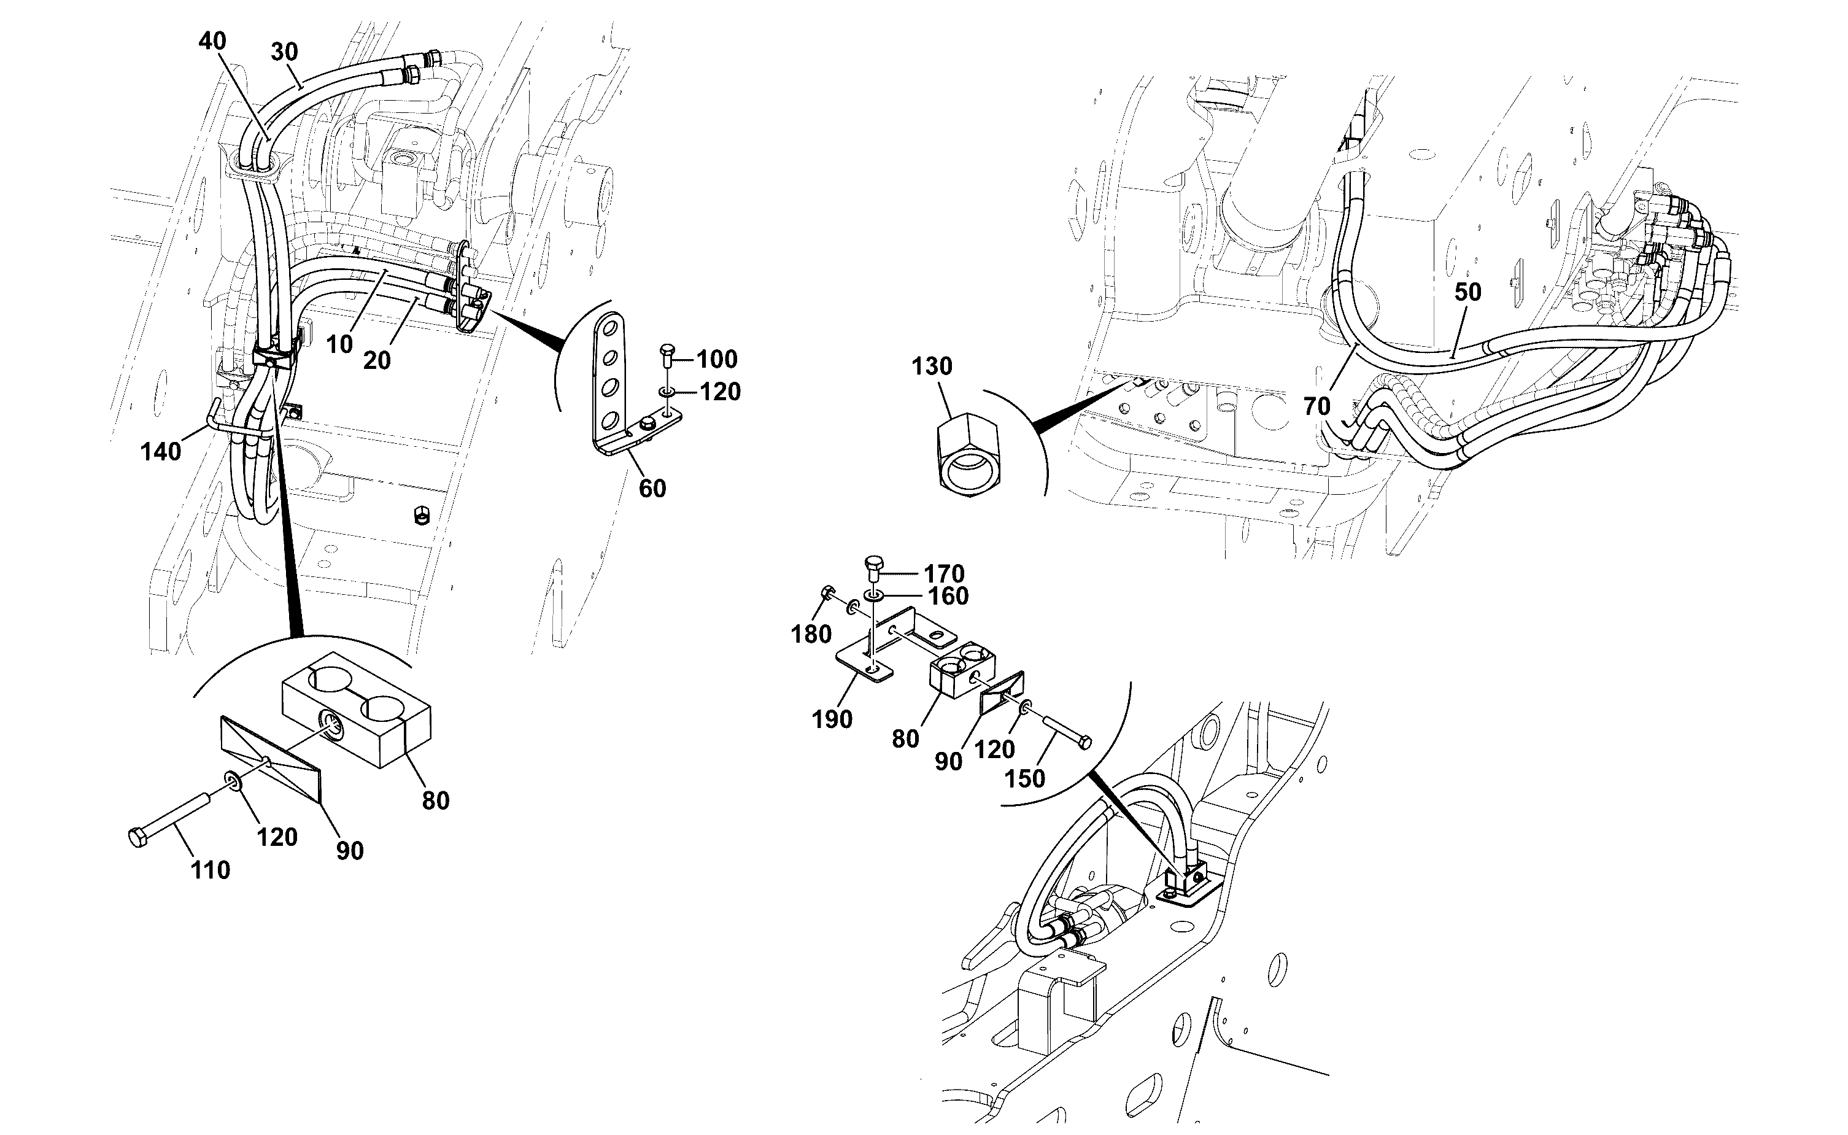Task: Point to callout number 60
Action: click(652, 489)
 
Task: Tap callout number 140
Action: click(161, 452)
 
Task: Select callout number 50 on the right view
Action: click(1467, 292)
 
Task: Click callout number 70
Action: click(1316, 406)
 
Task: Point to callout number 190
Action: click(832, 719)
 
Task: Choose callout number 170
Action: click(944, 575)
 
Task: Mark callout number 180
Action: click(811, 634)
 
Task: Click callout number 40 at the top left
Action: click(212, 41)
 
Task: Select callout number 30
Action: click(284, 52)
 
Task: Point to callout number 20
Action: click(377, 361)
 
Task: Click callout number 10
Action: click(339, 344)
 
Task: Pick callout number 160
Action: click(948, 597)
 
